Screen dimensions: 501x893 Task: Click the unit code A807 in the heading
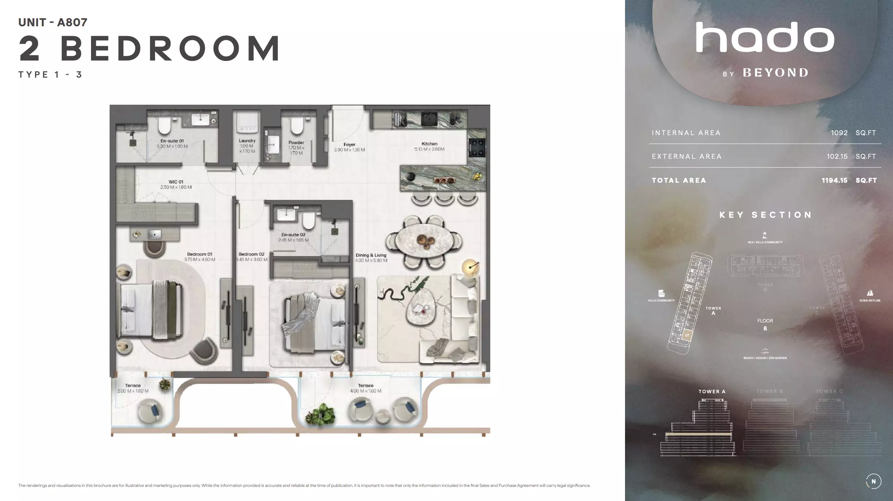72,22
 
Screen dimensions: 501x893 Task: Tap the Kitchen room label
429,144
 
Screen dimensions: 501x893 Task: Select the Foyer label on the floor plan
349,145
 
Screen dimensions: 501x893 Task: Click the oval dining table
424,241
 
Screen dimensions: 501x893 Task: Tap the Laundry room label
247,141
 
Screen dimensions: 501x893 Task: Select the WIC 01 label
176,182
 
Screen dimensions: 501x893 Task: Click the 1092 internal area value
839,133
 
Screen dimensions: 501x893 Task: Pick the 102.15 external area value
837,156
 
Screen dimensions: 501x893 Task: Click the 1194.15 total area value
834,180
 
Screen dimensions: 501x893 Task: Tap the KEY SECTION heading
765,215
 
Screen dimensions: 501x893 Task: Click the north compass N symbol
874,481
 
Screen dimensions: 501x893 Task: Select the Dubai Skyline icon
870,293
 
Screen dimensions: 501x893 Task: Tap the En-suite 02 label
293,235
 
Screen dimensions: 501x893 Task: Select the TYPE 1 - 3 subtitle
50,75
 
